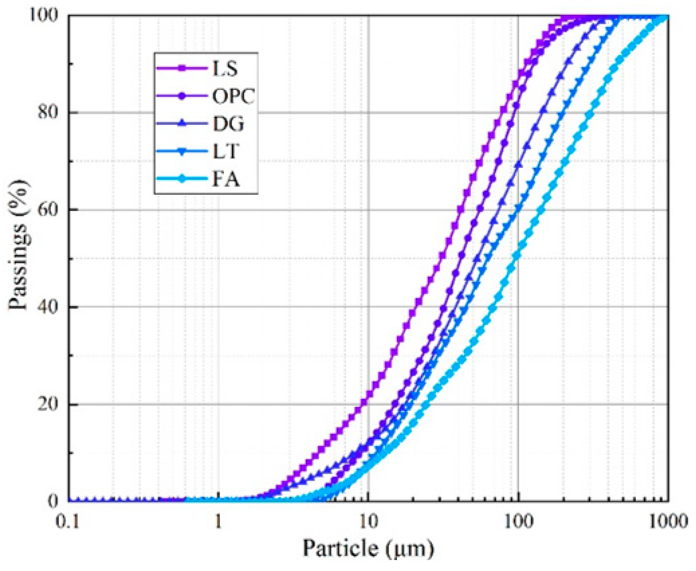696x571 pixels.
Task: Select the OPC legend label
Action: tap(233, 96)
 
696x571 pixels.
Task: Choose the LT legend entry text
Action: tap(226, 151)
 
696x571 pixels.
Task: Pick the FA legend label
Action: tap(226, 179)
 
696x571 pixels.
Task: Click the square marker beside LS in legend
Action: tap(182, 68)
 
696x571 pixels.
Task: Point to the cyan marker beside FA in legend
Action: tap(182, 179)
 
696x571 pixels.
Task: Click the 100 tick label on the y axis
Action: tap(47, 15)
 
